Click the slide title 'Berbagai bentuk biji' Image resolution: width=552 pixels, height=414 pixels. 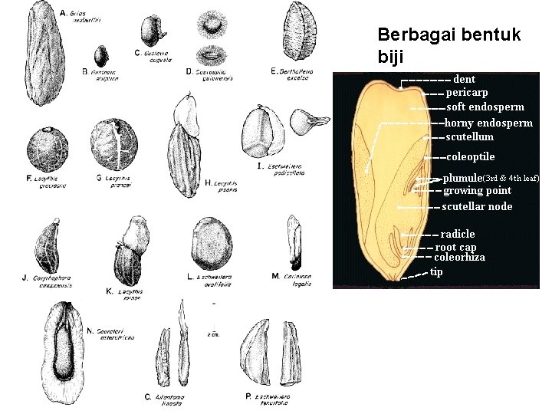point(449,45)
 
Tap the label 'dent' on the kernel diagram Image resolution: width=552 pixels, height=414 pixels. point(465,78)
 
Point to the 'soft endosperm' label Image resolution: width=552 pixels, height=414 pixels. point(485,107)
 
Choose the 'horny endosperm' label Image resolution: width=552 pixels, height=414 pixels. point(488,123)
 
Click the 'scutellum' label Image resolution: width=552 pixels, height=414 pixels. point(470,137)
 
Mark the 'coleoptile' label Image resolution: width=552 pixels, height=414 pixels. point(470,157)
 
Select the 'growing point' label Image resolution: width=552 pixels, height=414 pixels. point(477,190)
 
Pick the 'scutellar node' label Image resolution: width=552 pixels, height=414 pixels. point(477,206)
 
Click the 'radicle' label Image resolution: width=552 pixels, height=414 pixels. point(458,234)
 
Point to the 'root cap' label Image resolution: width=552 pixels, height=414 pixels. point(456,247)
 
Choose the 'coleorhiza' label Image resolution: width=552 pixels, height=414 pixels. point(460,258)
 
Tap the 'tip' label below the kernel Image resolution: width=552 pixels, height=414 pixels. point(436,271)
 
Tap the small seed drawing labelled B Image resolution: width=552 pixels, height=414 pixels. point(100,56)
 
